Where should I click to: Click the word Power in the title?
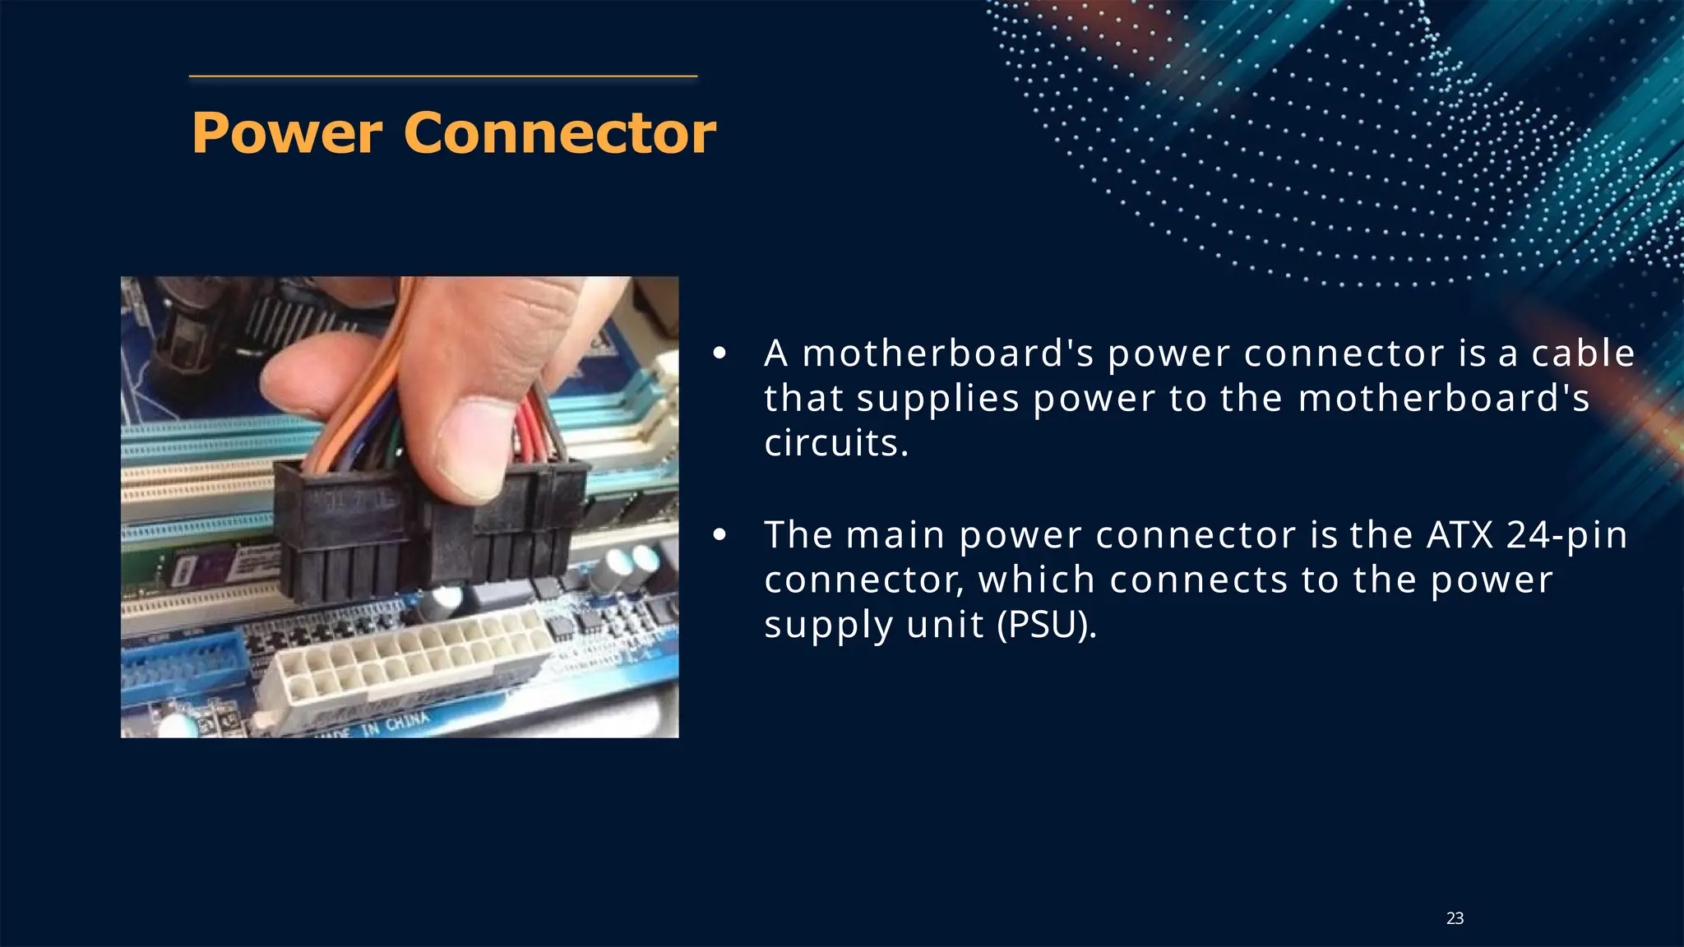287,133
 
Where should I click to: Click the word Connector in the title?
560,133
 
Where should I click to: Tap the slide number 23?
1455,918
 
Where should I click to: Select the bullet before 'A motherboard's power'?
719,354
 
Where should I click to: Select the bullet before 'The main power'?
719,536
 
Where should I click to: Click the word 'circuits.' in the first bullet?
835,444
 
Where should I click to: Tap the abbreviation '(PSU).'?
1046,625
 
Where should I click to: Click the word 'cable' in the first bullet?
1582,353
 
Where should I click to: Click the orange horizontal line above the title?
443,76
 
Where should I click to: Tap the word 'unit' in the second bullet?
945,625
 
